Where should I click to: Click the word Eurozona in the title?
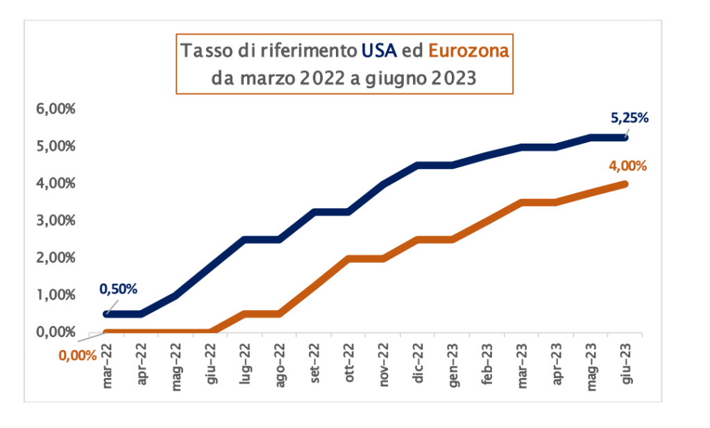[x=468, y=51]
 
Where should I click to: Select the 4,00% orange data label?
[x=627, y=166]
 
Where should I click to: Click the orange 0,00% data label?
[x=78, y=356]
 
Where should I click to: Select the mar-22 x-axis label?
[x=108, y=361]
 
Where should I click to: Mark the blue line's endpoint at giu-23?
[x=625, y=137]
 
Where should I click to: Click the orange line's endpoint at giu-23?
[x=625, y=184]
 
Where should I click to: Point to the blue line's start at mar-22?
[x=107, y=314]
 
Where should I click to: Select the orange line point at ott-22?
[x=349, y=259]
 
